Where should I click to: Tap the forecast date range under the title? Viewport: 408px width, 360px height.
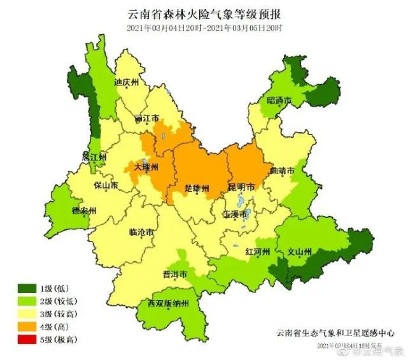click(x=204, y=28)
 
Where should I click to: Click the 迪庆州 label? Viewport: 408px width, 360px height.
click(x=126, y=82)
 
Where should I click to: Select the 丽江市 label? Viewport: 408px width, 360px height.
click(x=147, y=119)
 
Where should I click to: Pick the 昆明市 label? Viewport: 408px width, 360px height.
click(x=241, y=188)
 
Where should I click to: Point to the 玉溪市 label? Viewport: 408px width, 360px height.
click(x=234, y=215)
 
